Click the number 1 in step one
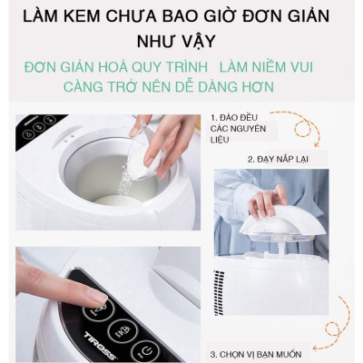(214, 118)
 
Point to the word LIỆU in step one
(221, 142)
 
